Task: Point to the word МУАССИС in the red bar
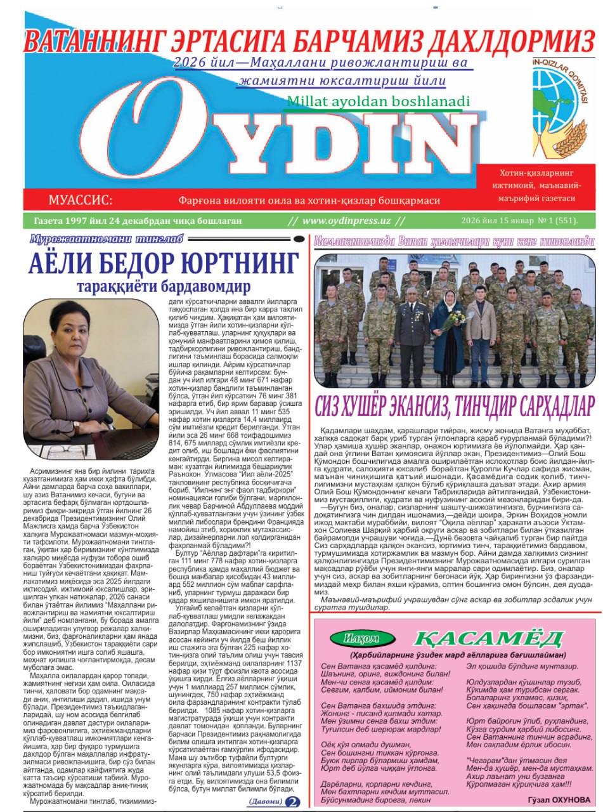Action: [80, 200]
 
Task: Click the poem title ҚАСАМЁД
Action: [488, 638]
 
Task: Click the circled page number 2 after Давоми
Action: [293, 802]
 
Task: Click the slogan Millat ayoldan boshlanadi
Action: [378, 101]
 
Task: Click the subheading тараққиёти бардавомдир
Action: [163, 286]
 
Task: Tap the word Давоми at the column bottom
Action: [265, 802]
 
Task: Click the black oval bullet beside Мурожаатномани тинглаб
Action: [299, 239]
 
